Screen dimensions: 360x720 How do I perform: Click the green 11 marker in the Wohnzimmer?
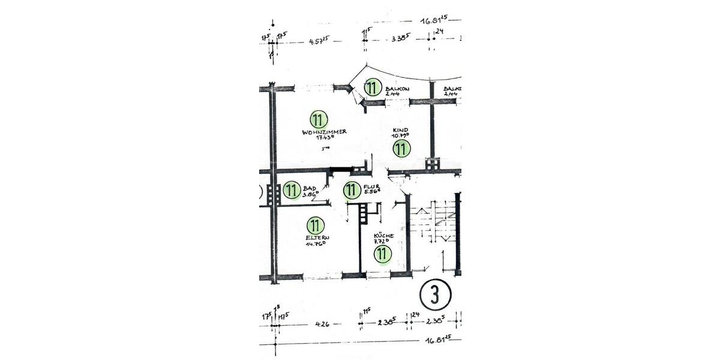[x=319, y=119]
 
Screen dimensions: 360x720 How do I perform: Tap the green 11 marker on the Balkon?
[x=373, y=88]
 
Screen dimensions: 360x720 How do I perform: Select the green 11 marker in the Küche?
[x=382, y=254]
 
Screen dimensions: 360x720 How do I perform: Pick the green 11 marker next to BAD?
[x=292, y=191]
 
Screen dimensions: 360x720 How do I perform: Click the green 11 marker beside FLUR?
[x=352, y=191]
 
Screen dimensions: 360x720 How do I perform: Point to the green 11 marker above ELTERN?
[x=315, y=226]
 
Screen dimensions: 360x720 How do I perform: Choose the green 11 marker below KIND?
[x=401, y=148]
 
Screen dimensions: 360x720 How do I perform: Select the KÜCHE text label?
[x=383, y=236]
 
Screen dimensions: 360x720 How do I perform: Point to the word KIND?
[x=400, y=130]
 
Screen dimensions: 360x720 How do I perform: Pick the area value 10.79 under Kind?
[x=400, y=136]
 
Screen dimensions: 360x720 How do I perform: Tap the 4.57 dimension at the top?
[x=319, y=41]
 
